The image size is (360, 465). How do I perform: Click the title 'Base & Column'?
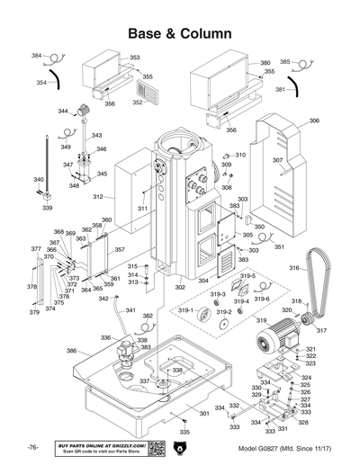(x=180, y=33)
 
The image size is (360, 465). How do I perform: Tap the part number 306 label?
(x=314, y=121)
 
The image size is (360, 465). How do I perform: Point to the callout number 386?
(x=71, y=350)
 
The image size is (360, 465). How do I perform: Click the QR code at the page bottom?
(x=154, y=448)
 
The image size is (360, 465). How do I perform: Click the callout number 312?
(x=97, y=197)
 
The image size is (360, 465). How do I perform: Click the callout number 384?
(x=36, y=56)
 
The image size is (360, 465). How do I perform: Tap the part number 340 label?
(x=38, y=180)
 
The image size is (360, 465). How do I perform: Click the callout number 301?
(x=203, y=413)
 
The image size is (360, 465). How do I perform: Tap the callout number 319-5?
(x=247, y=276)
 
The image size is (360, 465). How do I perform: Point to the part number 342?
(x=103, y=299)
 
